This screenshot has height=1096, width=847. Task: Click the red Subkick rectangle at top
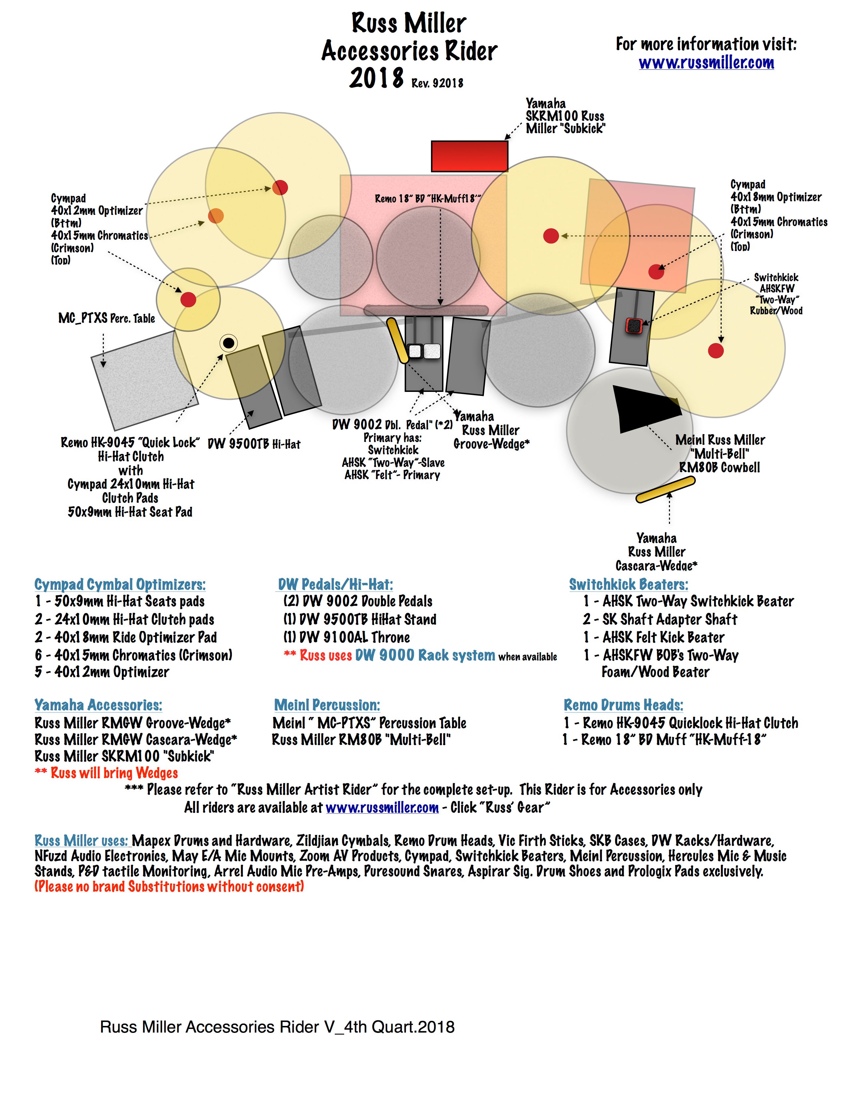point(469,156)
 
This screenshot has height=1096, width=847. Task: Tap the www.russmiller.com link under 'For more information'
point(706,63)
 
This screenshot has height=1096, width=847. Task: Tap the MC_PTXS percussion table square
point(144,380)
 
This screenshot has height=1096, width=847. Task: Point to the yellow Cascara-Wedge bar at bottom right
point(665,489)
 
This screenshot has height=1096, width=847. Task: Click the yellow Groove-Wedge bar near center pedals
point(398,340)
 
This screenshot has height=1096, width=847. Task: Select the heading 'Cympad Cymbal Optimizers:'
point(120,584)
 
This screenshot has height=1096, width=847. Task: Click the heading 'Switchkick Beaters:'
point(628,584)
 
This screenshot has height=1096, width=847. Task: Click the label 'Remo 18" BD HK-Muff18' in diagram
point(427,199)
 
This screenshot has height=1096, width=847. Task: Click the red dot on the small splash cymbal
point(188,300)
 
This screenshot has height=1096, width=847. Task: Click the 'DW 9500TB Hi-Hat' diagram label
point(254,444)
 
